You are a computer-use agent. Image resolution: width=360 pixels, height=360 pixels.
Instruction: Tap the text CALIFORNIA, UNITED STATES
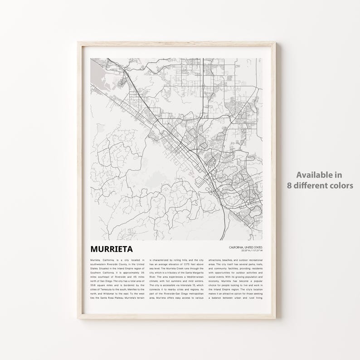245,247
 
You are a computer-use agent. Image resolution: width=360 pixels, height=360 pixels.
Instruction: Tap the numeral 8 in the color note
289,185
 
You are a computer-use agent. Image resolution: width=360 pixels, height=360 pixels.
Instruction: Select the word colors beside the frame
341,185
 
